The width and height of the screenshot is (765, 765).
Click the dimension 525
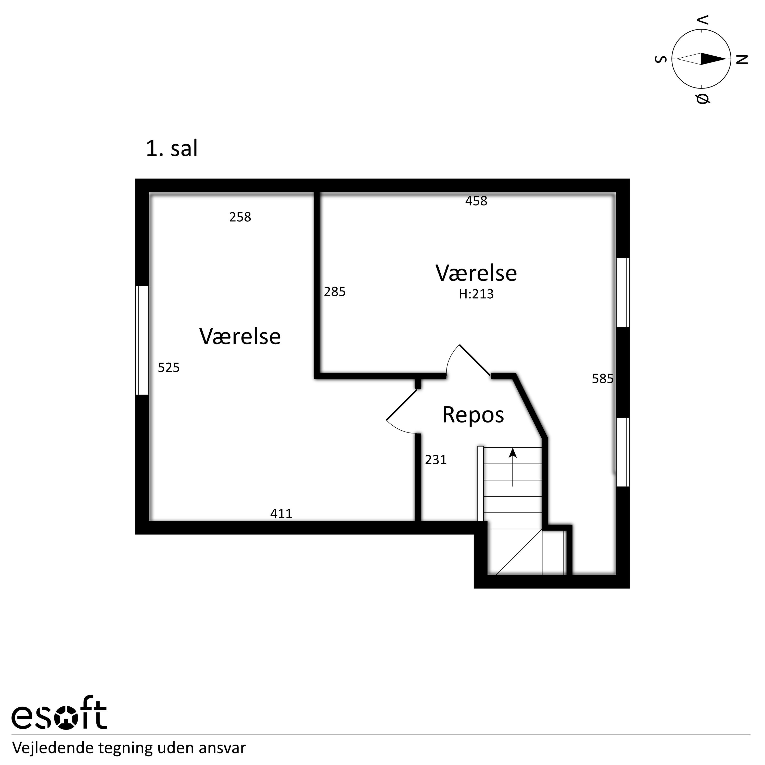[x=169, y=368]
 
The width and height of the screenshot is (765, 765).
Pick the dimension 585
[x=603, y=379]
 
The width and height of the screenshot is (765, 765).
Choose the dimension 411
[x=281, y=514]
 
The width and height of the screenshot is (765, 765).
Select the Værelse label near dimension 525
[x=240, y=337]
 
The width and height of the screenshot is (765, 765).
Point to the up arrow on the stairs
[x=513, y=467]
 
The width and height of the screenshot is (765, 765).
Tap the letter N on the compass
[x=742, y=59]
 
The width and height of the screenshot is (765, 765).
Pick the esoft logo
[x=59, y=718]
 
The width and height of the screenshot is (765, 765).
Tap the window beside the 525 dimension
[x=142, y=340]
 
